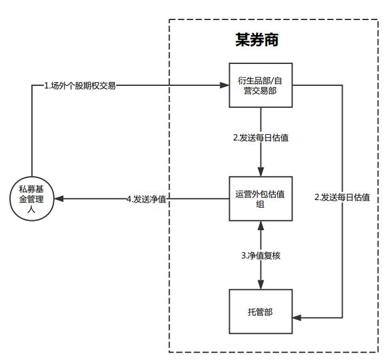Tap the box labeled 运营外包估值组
click(260, 199)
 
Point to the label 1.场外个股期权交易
click(80, 85)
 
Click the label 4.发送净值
click(146, 199)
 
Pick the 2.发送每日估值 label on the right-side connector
click(341, 197)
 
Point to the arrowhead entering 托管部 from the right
click(296, 319)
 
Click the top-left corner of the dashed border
click(169, 19)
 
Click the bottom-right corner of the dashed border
click(378, 352)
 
